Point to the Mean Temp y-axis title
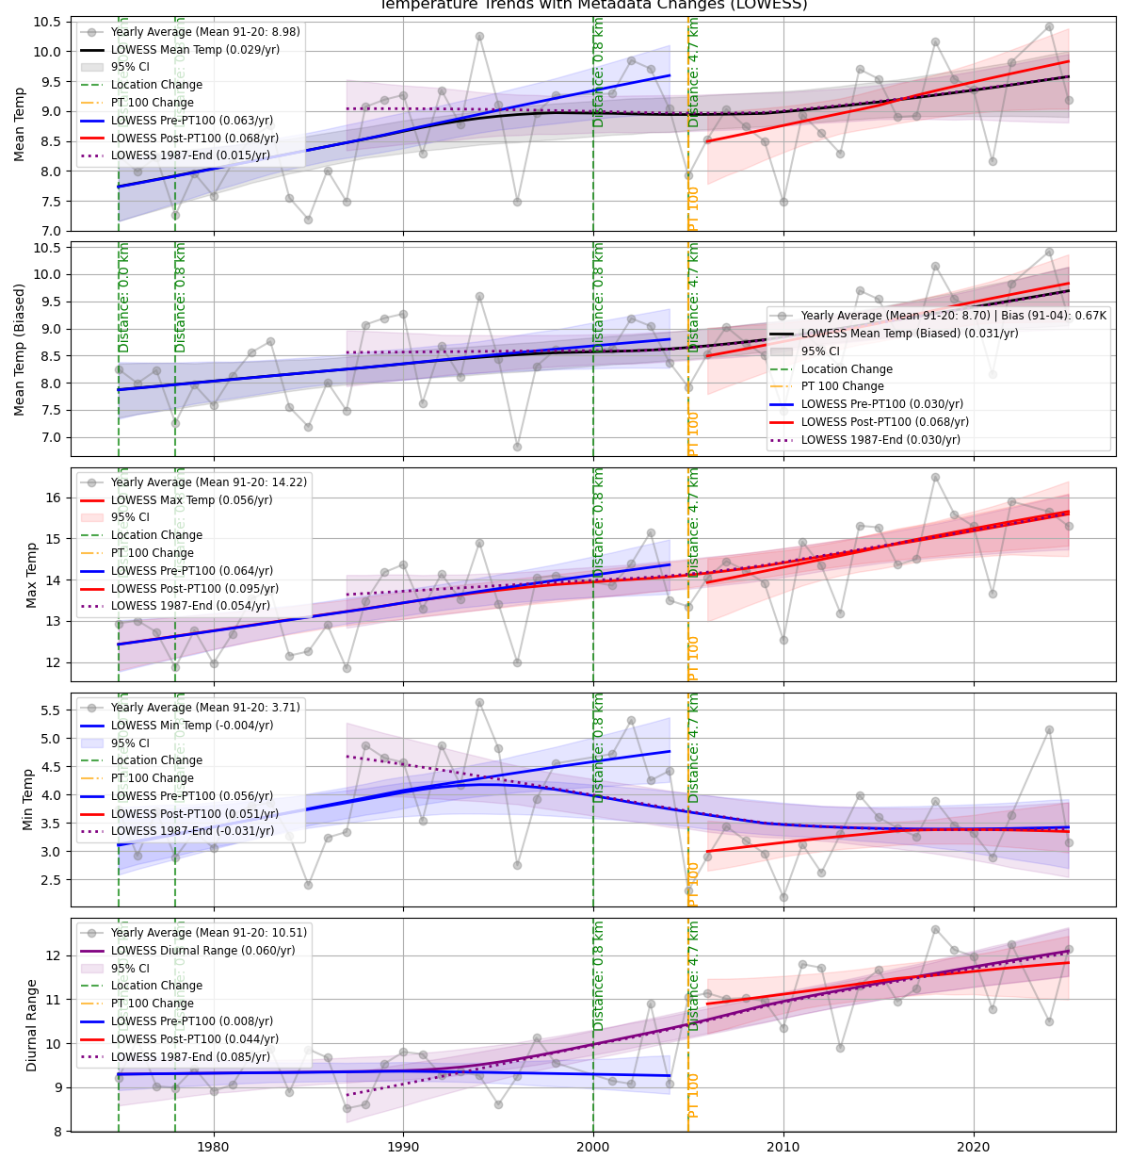[x=20, y=124]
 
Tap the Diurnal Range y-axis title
[x=31, y=1024]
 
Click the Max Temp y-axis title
[x=31, y=574]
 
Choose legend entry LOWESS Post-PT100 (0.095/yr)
[x=195, y=589]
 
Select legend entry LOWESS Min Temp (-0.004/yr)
[x=192, y=726]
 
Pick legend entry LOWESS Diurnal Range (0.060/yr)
[x=202, y=951]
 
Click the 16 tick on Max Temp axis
[x=55, y=498]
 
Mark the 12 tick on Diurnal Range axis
[x=55, y=955]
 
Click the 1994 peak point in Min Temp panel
[x=479, y=703]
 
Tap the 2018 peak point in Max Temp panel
[x=935, y=478]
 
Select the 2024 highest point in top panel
[x=1049, y=27]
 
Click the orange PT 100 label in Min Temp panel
[x=694, y=883]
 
